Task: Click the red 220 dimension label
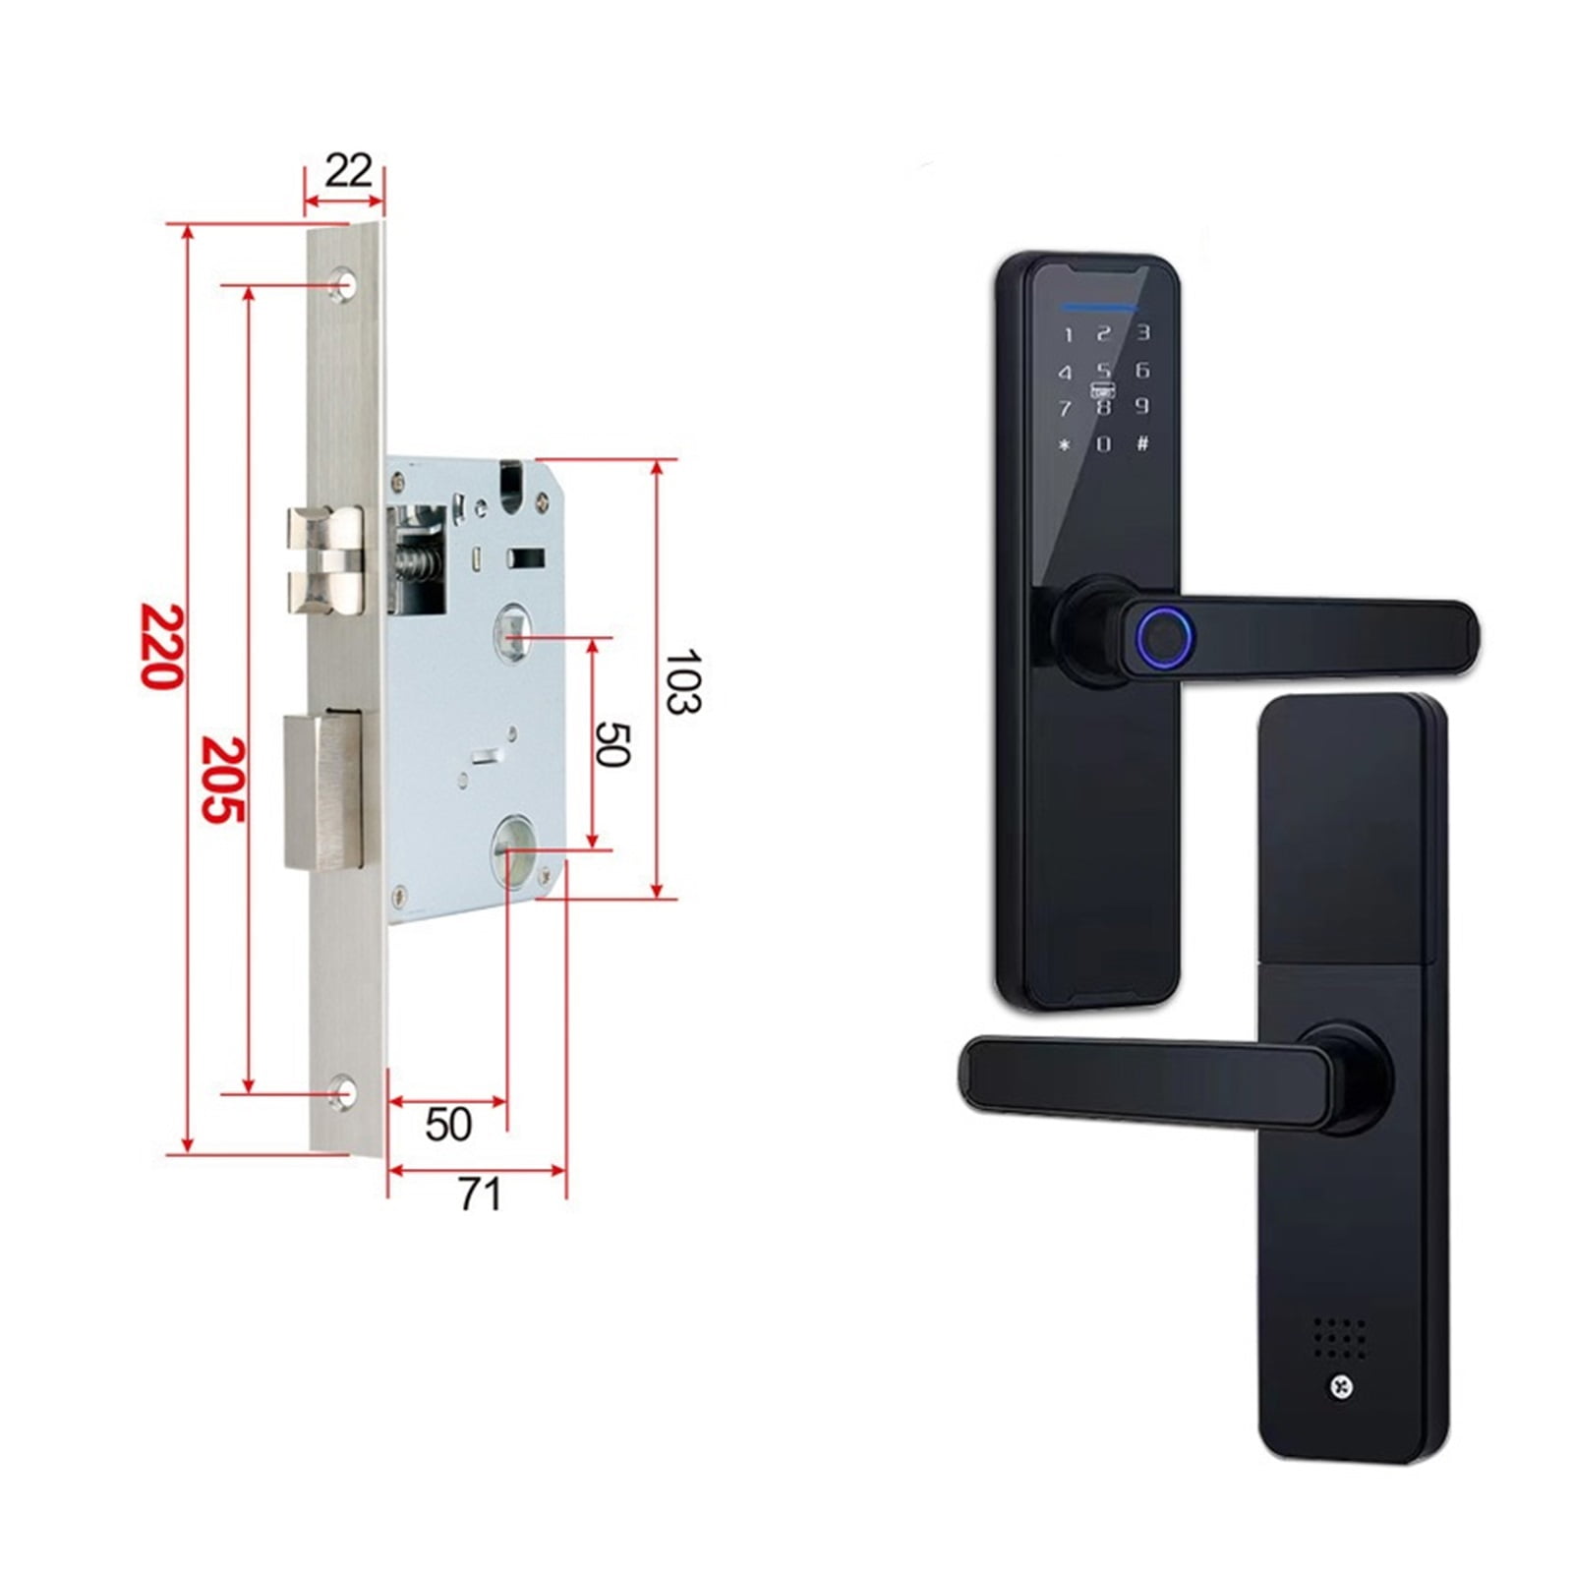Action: click(161, 646)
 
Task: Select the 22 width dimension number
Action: click(348, 171)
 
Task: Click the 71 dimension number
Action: click(480, 1194)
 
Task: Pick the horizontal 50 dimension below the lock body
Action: click(448, 1124)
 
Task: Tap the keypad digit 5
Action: click(1104, 371)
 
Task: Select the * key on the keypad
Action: click(1064, 444)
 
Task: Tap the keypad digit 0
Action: click(1103, 444)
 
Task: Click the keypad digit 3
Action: click(1142, 333)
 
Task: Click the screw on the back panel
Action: click(1341, 1386)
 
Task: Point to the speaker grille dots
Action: click(1340, 1337)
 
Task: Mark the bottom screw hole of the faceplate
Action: click(342, 1093)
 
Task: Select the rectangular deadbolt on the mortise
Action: click(322, 791)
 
